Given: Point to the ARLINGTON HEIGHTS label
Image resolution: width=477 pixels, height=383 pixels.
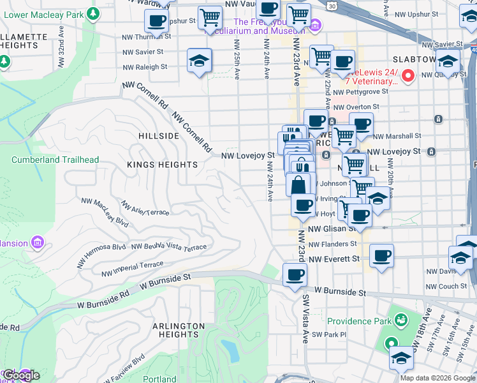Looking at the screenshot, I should [x=179, y=330].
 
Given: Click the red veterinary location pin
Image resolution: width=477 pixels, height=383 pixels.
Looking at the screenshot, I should [x=409, y=77].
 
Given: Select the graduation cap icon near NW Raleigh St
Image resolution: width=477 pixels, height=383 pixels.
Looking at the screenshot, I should [x=199, y=61].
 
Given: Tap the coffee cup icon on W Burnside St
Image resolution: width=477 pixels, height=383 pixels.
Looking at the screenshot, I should [x=294, y=275].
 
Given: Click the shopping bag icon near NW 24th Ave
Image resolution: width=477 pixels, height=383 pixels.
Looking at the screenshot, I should [x=298, y=186].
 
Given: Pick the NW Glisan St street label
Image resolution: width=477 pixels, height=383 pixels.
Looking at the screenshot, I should [x=332, y=229].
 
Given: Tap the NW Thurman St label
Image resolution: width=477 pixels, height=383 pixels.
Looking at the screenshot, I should [x=143, y=37].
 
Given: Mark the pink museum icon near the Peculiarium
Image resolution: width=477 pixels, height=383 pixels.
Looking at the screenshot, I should [x=316, y=26].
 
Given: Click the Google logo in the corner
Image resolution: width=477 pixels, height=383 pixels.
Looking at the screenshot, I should [x=21, y=375].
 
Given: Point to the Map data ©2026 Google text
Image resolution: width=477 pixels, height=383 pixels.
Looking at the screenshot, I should [x=437, y=377].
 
